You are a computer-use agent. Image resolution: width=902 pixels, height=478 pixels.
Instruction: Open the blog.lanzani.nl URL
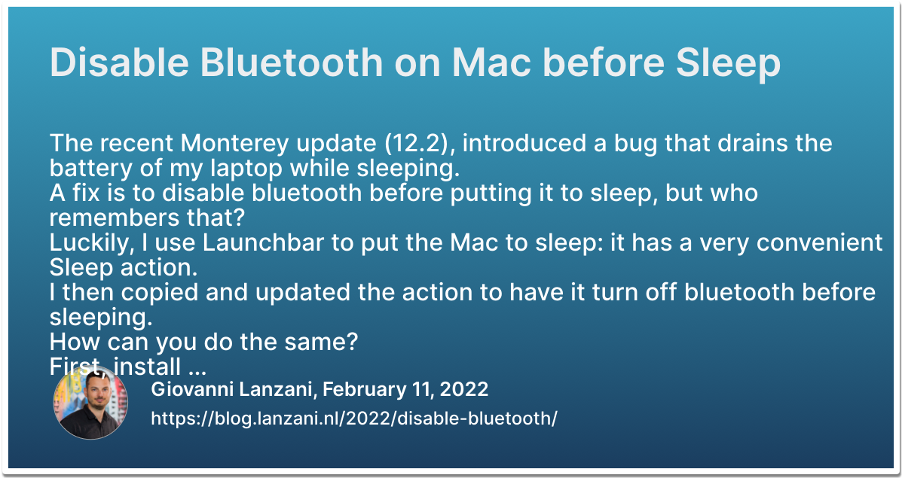pyautogui.click(x=354, y=418)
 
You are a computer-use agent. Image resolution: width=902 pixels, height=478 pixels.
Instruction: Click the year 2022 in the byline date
pyautogui.click(x=463, y=389)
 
